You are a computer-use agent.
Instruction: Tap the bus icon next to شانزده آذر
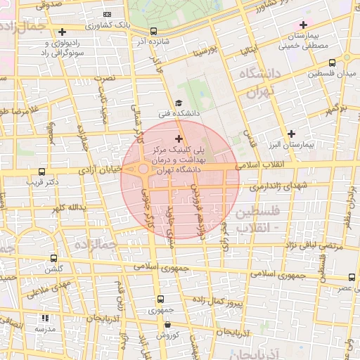[154, 32]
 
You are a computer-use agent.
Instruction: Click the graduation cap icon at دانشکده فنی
[177, 104]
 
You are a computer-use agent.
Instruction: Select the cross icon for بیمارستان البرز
[292, 134]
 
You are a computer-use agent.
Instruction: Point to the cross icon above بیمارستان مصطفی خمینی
[302, 25]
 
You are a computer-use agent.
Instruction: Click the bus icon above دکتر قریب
[42, 172]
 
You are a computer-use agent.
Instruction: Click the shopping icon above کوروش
[167, 324]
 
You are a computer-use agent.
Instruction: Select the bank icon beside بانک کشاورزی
[107, 14]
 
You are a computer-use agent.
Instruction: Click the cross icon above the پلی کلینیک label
[179, 139]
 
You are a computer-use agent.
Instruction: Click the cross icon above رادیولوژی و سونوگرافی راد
[63, 32]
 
